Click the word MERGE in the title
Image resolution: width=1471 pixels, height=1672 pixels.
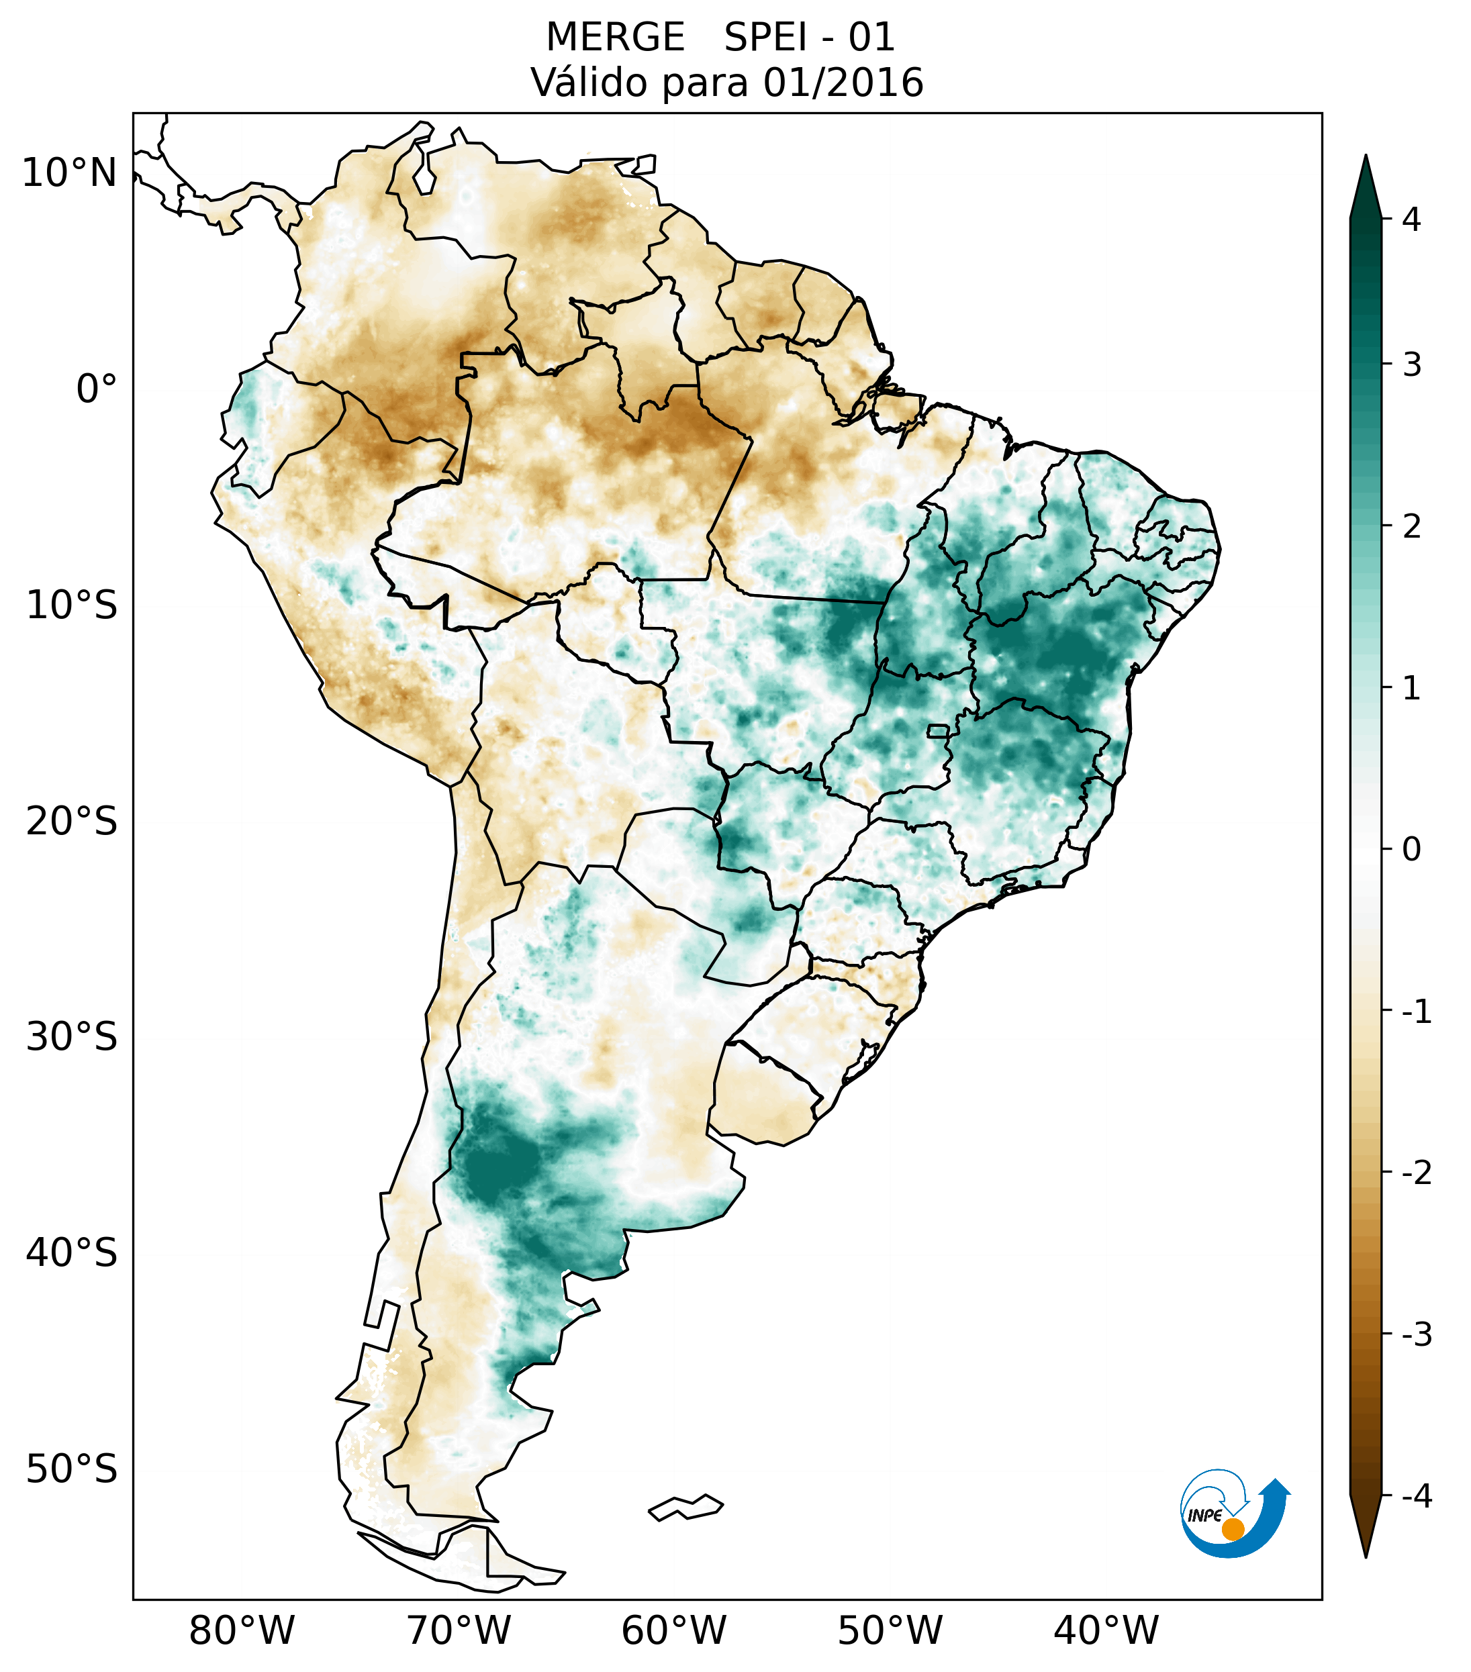coord(615,38)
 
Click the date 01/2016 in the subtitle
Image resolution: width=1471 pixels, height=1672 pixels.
coord(843,83)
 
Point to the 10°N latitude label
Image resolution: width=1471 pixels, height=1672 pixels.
coord(68,173)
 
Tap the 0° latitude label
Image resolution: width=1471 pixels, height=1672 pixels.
coord(97,389)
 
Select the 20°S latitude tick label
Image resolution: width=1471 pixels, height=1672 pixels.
coord(72,822)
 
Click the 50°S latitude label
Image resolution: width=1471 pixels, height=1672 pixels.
coord(72,1469)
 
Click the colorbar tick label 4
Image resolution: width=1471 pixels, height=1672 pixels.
coord(1411,219)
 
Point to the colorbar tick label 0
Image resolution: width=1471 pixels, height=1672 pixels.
coord(1411,850)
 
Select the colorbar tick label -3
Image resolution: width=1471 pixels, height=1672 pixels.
coord(1416,1334)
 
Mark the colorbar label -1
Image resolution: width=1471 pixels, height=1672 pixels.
coord(1416,1012)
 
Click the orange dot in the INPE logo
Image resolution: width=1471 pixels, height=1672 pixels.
coord(1232,1529)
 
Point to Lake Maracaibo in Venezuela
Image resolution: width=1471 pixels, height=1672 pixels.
coord(423,169)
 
